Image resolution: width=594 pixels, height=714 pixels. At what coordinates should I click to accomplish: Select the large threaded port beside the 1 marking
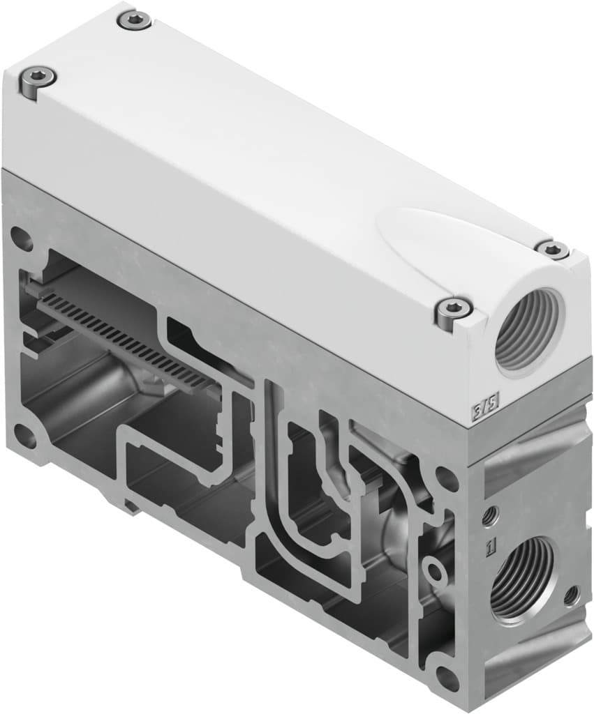pos(524,578)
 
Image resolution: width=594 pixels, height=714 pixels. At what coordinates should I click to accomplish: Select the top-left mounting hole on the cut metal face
pos(22,239)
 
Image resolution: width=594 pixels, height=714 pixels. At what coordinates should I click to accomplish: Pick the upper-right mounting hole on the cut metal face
pos(445,479)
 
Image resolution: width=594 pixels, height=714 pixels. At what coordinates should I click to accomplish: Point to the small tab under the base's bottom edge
pos(130,503)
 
